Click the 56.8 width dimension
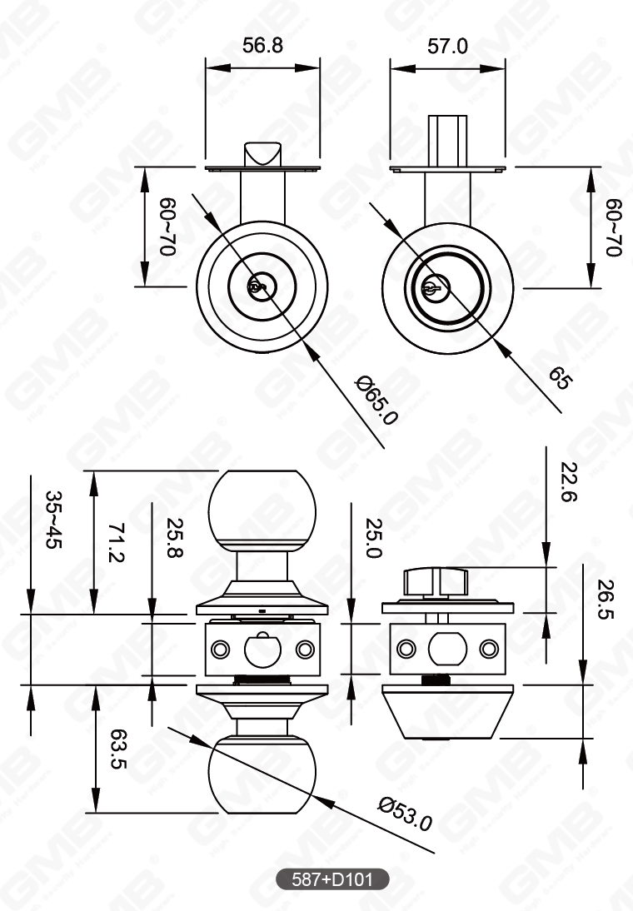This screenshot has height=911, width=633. click(262, 45)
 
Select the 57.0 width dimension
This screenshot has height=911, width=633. click(447, 45)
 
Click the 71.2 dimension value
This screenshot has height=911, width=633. click(115, 542)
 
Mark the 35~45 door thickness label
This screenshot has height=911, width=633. click(52, 520)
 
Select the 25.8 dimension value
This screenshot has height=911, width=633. click(173, 539)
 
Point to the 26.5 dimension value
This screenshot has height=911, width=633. click(605, 600)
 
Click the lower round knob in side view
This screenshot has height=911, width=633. click(262, 774)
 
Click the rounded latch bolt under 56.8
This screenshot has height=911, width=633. click(262, 155)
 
